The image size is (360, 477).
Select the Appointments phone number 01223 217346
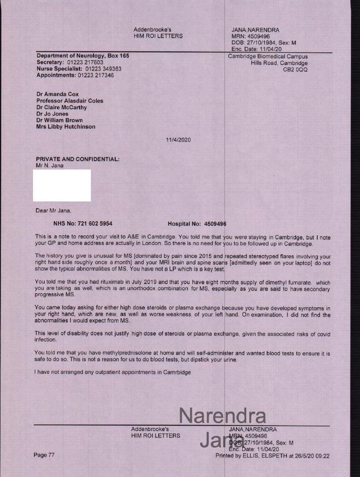coord(95,75)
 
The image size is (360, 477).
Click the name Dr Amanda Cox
coord(57,94)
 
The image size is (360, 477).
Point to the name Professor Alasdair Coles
coord(70,101)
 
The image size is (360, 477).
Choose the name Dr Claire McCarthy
coord(61,108)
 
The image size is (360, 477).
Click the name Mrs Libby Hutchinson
coord(66,127)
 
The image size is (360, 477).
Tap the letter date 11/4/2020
coord(179,140)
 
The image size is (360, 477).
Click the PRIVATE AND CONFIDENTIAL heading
coord(78,159)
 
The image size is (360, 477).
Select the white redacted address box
coord(62,186)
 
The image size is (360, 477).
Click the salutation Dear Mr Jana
coord(53,211)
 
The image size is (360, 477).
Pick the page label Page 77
coord(44,455)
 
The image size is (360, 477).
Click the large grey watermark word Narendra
coord(222,416)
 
